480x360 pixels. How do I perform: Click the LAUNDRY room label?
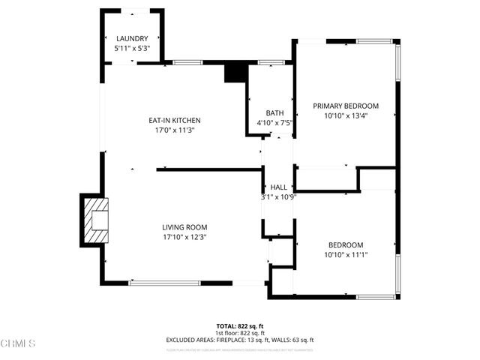(131, 39)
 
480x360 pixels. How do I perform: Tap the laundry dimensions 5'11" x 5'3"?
(131, 48)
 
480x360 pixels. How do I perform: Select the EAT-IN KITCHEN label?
(175, 120)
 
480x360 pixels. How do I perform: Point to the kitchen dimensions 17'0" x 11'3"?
(175, 130)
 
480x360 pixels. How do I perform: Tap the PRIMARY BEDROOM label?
(346, 106)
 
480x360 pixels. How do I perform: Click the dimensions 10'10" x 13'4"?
(346, 115)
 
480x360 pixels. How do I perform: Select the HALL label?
(279, 187)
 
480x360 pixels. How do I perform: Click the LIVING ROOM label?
(184, 227)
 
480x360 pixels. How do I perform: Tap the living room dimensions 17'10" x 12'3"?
(184, 237)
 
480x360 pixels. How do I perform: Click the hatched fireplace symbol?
(94, 220)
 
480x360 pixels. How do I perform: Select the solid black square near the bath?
(235, 73)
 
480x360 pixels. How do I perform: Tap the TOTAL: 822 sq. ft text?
(239, 326)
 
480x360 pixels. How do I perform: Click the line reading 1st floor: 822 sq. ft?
(239, 333)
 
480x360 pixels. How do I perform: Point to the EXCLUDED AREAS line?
(239, 340)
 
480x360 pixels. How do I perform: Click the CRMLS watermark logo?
(18, 344)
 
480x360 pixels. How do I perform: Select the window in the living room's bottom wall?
(164, 282)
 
